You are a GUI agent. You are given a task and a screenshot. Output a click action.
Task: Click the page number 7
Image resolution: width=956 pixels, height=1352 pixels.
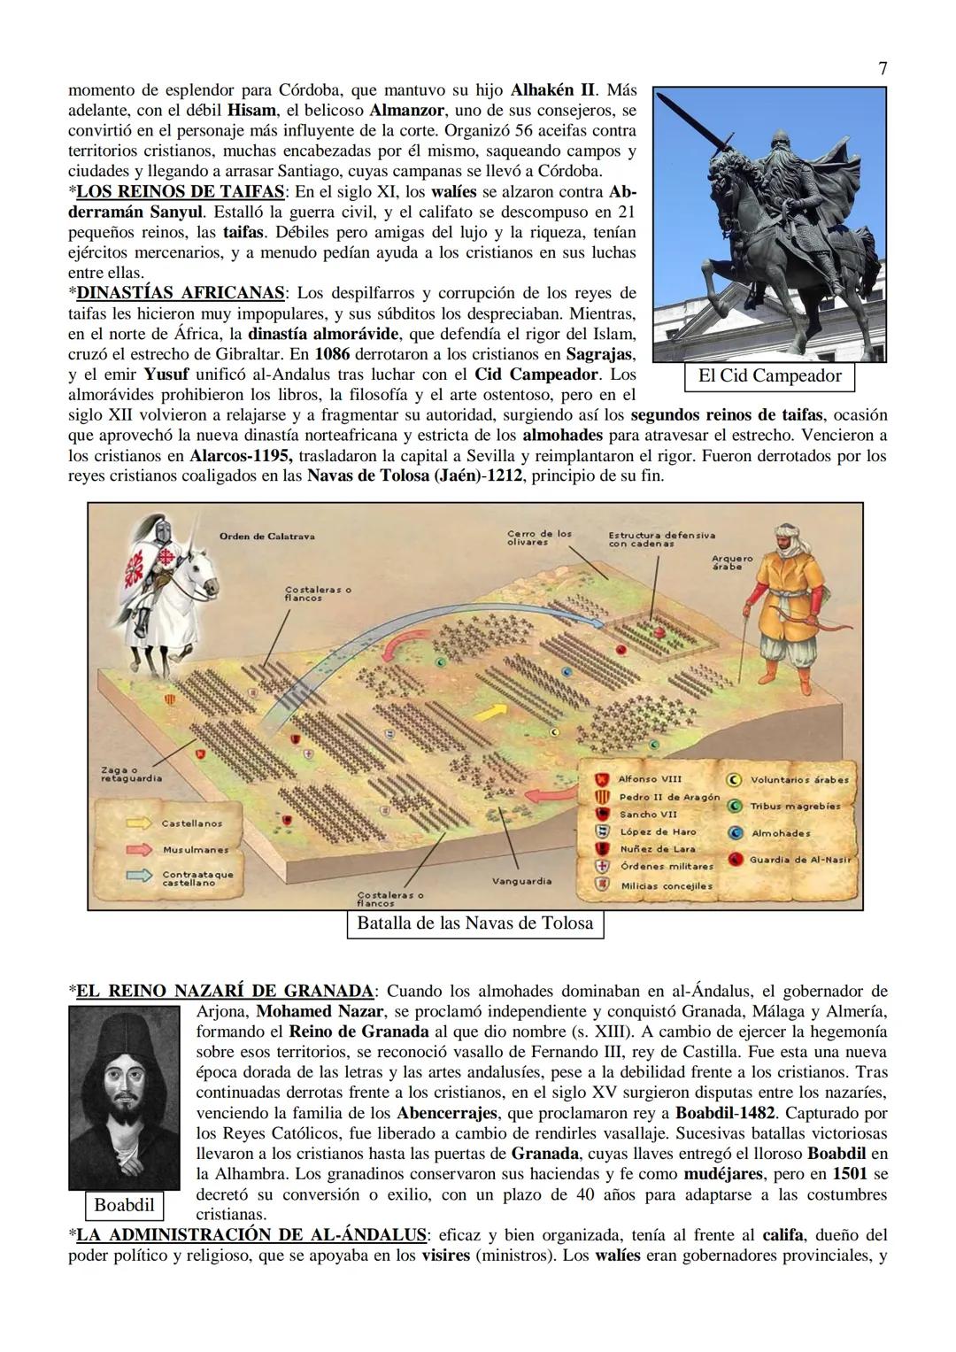pos(883,68)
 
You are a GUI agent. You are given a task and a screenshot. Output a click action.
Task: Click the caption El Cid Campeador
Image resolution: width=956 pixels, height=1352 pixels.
pos(769,375)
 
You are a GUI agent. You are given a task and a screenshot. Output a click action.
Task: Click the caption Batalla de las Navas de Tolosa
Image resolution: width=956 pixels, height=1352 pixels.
pos(474,923)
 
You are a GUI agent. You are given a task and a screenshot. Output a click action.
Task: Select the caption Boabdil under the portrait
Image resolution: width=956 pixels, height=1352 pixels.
pos(124,1205)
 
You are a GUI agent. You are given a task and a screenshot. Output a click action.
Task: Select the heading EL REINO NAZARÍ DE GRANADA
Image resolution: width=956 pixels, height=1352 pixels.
pos(225,991)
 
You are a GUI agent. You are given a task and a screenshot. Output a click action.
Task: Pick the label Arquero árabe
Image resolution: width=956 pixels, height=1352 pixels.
pos(732,561)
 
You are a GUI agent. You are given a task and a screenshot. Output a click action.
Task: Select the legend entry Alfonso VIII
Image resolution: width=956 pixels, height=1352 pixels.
pos(650,779)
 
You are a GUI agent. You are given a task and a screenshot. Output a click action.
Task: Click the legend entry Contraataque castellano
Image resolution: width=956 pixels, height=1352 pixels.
pos(197,877)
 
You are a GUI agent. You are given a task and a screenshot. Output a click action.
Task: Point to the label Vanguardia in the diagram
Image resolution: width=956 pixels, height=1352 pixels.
pos(521,881)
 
